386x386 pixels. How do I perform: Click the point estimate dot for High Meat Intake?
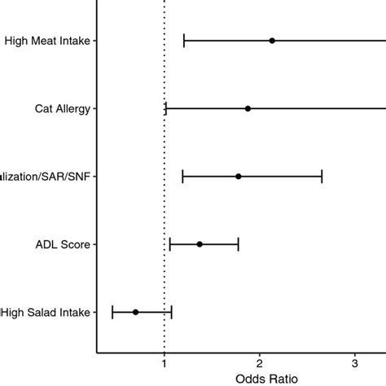272,41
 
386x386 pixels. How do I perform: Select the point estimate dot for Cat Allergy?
248,108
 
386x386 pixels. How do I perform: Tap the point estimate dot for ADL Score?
200,244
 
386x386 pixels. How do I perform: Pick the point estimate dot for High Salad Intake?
136,312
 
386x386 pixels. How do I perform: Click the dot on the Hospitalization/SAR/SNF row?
239,176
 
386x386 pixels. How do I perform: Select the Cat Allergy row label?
63,108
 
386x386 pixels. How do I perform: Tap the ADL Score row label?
64,244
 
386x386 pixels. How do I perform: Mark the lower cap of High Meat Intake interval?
184,41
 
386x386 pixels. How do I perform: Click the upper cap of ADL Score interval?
239,244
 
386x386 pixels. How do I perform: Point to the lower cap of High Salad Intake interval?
112,312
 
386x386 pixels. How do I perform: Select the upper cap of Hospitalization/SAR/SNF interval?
322,176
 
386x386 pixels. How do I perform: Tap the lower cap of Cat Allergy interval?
166,108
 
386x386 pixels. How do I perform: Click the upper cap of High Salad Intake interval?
172,312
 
